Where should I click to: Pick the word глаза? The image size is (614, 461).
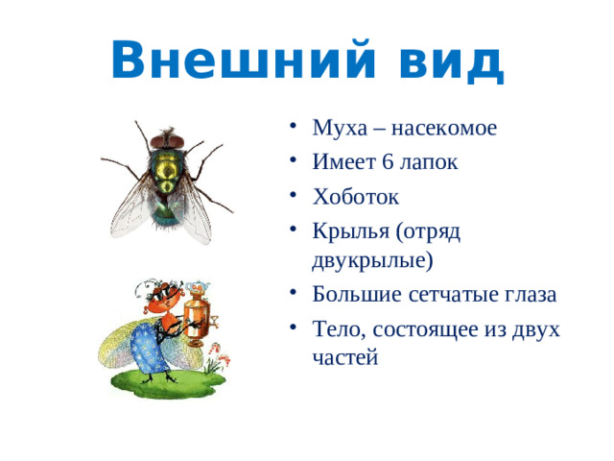tap(530, 294)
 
